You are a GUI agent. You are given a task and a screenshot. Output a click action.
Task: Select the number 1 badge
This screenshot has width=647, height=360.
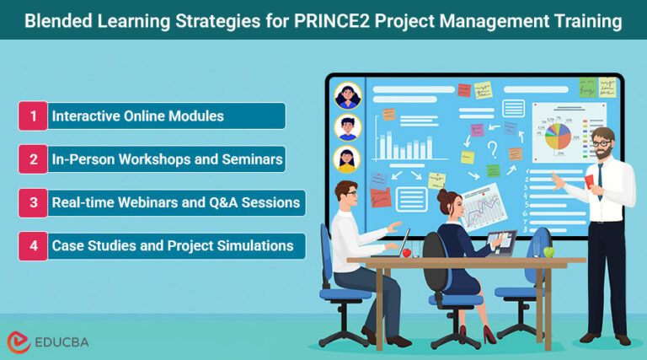[x=33, y=116]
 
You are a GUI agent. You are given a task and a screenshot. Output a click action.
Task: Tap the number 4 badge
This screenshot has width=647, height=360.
[x=33, y=246]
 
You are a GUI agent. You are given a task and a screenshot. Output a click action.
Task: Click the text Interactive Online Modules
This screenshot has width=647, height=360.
[x=138, y=116]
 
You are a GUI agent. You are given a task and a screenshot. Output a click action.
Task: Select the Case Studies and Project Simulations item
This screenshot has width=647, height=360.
[x=173, y=246]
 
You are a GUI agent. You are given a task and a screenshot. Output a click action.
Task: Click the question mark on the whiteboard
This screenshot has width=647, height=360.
[x=491, y=150]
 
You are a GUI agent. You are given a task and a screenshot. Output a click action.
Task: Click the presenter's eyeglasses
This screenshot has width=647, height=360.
[x=601, y=144]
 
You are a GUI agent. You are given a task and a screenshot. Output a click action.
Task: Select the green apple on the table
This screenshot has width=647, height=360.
[x=549, y=251]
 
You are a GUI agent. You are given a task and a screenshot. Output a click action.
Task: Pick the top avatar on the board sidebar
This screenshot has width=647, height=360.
[x=347, y=96]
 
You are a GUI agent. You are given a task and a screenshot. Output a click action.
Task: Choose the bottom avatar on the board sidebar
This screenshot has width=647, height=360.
[x=347, y=159]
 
